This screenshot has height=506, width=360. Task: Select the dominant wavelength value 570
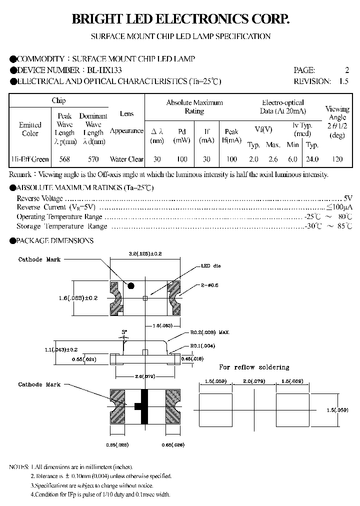[93, 159]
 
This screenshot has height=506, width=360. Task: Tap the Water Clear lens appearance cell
[126, 159]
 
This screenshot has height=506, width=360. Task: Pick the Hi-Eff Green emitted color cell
[30, 159]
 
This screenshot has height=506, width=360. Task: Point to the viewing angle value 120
[337, 159]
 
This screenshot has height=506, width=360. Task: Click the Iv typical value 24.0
[312, 159]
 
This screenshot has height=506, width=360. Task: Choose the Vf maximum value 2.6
[273, 159]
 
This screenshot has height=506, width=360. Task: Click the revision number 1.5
[343, 81]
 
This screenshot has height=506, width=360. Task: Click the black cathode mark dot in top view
[131, 285]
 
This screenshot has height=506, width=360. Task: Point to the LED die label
[207, 266]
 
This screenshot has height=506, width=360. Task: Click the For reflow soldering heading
[254, 367]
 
